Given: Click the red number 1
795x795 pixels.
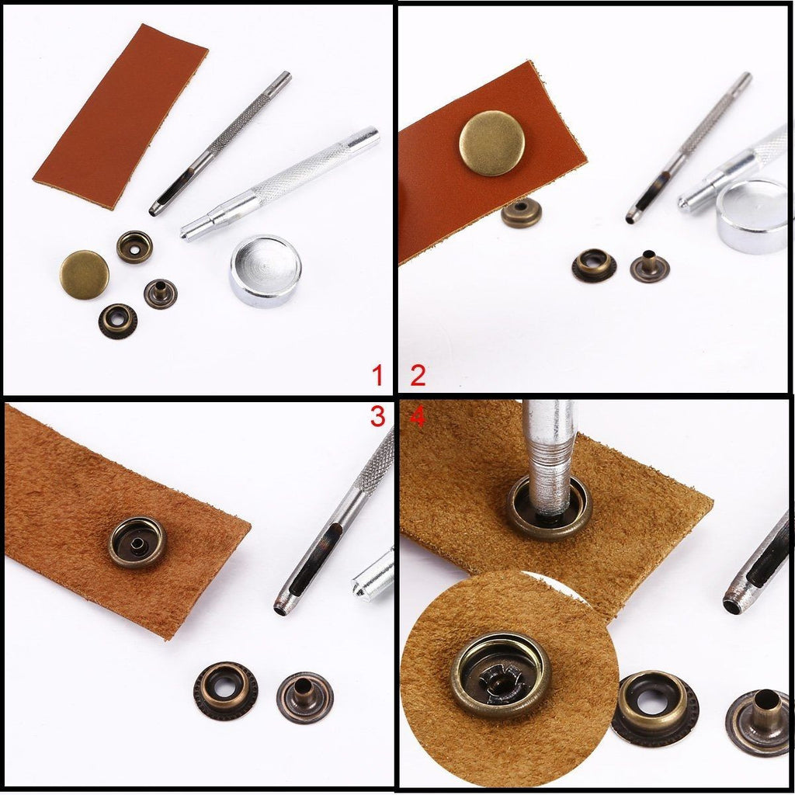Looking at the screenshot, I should coord(378,377).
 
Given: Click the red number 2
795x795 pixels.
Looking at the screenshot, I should coord(418,377).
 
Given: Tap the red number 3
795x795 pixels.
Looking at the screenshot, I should coord(378,417).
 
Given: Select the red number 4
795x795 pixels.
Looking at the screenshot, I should coord(418,417).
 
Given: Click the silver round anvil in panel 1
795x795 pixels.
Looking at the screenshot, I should coord(266,272).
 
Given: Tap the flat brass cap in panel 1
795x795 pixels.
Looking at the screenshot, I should coord(84,274).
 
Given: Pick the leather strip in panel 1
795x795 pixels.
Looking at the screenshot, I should coord(121,116).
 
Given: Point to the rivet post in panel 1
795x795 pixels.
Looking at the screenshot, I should coord(160,293).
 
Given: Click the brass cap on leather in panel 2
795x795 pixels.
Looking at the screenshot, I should coord(491,143).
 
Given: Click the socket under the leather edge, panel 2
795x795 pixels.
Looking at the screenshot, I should coord(521,214).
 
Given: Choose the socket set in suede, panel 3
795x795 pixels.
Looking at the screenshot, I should coord(137,542).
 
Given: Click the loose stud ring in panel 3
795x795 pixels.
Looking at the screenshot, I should coord(226,690).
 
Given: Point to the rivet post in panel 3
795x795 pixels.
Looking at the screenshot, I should coord(305,696).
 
